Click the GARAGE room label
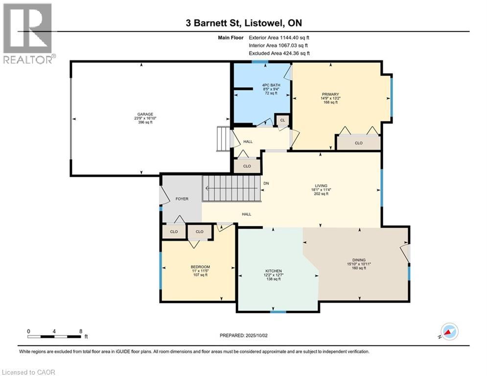145,115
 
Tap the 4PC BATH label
271,85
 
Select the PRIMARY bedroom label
330,94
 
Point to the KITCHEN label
274,271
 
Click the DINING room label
359,260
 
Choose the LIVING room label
321,186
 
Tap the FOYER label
182,199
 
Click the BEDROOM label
200,267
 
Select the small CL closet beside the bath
282,120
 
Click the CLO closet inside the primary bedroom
359,143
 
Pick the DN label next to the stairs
266,183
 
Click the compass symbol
449,331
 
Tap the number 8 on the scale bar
81,331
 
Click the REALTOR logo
29,33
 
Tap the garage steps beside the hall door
223,139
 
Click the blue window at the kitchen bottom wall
278,311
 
